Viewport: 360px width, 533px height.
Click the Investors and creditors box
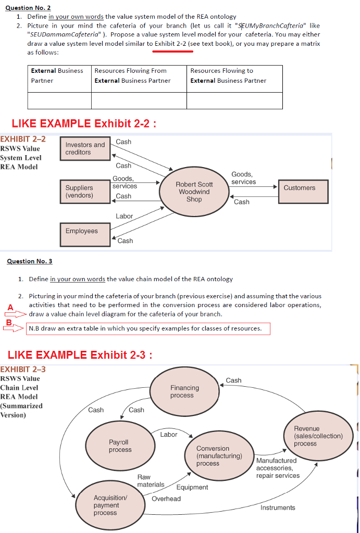click(85, 148)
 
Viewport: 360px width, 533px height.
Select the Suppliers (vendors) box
click(85, 192)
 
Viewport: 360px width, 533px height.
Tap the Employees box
click(85, 234)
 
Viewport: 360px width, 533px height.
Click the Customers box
click(304, 192)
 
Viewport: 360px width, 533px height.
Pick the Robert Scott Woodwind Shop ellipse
click(194, 192)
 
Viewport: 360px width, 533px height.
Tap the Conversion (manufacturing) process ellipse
click(219, 456)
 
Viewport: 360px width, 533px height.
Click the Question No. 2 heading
click(28, 7)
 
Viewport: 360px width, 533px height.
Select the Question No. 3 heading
click(30, 261)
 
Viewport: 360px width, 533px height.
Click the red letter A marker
click(10, 307)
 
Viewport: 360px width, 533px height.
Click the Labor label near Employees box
click(124, 216)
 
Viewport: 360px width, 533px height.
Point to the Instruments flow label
click(278, 508)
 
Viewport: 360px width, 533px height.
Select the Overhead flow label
click(166, 499)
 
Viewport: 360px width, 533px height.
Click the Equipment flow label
click(192, 487)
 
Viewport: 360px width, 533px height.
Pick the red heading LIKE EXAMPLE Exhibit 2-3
click(80, 355)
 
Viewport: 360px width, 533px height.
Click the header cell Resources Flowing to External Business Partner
click(234, 79)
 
